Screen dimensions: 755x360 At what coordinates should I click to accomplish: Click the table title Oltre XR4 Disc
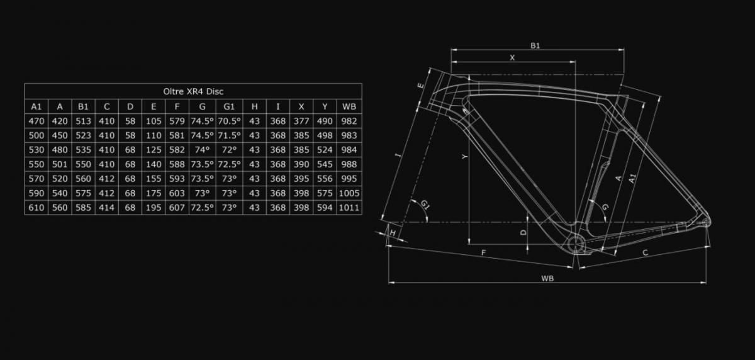point(193,91)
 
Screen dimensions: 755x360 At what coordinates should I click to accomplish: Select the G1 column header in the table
point(229,106)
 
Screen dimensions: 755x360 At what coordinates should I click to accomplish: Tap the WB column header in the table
point(349,106)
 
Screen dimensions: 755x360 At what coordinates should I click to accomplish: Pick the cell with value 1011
point(349,208)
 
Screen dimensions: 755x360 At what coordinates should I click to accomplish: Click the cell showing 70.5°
point(229,121)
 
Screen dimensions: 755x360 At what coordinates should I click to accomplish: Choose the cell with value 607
point(177,208)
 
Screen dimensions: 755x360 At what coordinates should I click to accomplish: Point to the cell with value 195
point(154,208)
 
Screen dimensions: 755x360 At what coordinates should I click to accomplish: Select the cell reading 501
point(60,164)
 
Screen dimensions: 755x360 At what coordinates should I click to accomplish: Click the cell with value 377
point(301,121)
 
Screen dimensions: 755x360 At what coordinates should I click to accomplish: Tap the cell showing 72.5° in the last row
point(202,208)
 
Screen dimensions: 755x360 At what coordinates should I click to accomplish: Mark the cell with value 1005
point(349,193)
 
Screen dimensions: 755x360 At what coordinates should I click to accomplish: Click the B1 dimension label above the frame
point(535,45)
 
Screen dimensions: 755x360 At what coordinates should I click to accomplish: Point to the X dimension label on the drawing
point(512,58)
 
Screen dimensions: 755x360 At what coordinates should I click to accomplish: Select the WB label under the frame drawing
point(547,278)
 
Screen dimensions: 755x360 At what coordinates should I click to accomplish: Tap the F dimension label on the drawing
point(484,252)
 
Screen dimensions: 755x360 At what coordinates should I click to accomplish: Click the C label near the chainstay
point(645,252)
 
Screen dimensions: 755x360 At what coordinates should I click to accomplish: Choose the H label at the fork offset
point(393,233)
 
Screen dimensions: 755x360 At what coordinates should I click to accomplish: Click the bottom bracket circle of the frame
point(576,244)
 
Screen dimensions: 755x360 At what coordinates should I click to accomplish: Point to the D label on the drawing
point(523,232)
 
